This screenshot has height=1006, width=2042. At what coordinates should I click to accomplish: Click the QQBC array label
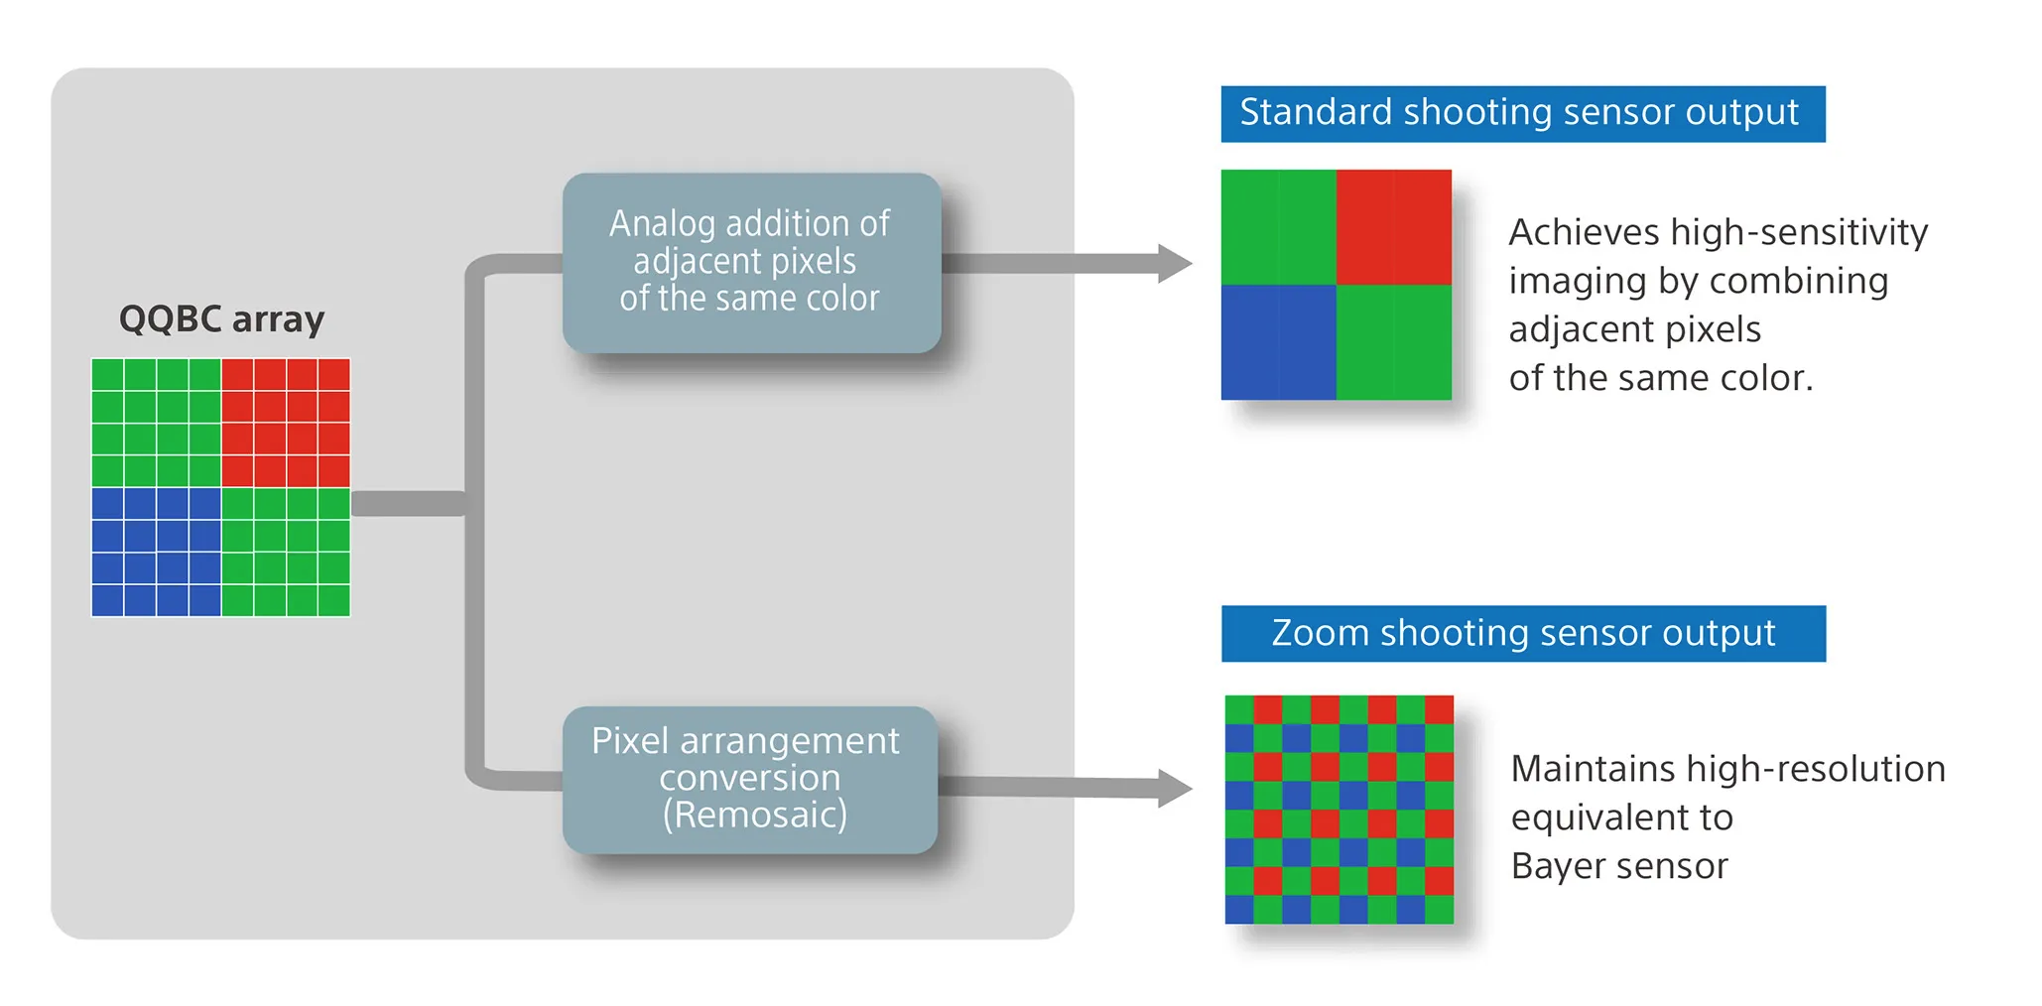(221, 319)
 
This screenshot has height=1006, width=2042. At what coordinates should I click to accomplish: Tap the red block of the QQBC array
(286, 423)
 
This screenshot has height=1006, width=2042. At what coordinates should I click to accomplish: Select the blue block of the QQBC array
(156, 552)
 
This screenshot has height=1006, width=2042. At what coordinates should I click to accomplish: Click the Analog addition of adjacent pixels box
(751, 262)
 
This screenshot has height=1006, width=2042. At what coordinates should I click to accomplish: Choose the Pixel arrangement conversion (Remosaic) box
(749, 779)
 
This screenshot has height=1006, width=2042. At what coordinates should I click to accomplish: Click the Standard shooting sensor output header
(1522, 114)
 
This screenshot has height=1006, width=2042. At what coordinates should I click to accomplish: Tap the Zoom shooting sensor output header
(1523, 634)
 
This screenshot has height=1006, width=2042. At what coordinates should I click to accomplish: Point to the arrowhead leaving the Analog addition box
(1175, 263)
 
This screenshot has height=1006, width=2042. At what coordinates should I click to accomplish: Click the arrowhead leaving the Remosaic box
(1175, 789)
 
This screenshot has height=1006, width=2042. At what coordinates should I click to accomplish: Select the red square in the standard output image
(1393, 227)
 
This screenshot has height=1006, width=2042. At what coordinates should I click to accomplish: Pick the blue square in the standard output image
(1278, 342)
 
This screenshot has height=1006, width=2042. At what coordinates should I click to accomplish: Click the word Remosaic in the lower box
(755, 816)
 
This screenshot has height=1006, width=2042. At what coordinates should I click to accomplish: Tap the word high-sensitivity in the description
(1799, 233)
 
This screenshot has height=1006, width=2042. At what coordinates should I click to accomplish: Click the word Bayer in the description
(1554, 866)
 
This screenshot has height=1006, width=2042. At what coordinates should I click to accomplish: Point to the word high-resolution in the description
(1816, 769)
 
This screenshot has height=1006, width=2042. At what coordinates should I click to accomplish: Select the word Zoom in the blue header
(1320, 634)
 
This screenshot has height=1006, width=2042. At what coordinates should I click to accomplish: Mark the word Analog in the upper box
(662, 225)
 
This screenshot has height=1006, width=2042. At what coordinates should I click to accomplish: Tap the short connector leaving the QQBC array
(408, 504)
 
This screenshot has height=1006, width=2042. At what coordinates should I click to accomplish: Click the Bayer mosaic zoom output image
(1339, 810)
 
